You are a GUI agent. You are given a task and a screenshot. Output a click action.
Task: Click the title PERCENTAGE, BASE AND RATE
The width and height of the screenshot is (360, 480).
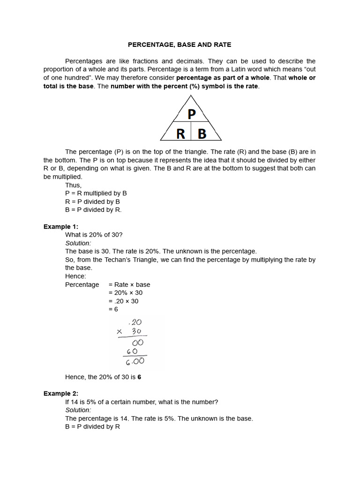point(180,45)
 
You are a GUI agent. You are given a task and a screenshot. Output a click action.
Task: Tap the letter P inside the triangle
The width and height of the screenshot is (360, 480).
point(191,114)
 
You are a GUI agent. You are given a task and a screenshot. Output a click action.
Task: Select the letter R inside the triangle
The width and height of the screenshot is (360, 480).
point(180,134)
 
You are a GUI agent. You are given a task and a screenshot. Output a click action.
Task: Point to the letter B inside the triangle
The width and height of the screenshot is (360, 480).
point(202,134)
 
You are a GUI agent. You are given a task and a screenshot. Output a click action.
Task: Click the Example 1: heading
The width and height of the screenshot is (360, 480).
point(61,226)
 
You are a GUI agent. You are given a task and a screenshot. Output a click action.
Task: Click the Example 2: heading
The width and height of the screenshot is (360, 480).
point(61,393)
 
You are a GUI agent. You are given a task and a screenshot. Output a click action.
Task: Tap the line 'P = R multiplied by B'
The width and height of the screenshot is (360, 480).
point(96,193)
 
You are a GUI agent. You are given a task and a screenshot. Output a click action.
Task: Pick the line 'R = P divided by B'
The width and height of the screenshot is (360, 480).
point(92,202)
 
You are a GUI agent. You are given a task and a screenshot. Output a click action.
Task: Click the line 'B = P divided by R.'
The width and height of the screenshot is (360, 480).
point(93,210)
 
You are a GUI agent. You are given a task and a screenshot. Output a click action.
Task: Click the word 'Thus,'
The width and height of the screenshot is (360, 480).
point(73,185)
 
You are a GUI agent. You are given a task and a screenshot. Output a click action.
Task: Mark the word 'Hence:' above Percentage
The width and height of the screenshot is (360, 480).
point(75,276)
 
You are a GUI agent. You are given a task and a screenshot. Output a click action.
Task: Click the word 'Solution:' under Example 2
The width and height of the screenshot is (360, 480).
point(78,410)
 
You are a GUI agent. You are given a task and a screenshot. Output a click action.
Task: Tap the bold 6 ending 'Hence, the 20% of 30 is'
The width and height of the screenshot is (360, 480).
point(139,377)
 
